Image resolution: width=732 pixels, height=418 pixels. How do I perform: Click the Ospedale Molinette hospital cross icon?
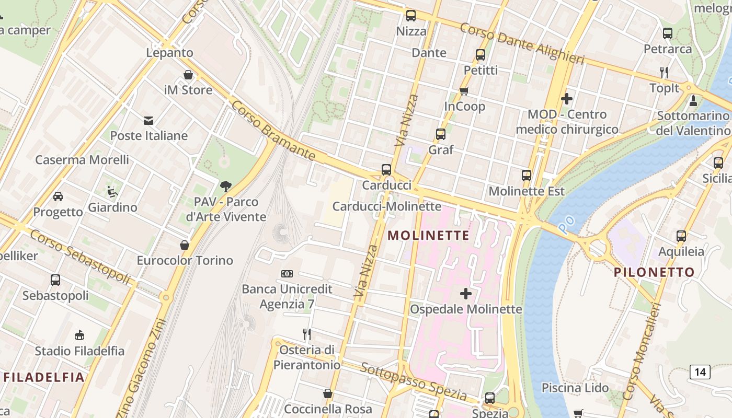pos(465,294)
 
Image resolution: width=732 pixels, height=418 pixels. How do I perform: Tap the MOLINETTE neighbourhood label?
pos(428,236)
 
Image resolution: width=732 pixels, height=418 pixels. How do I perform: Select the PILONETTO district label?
pos(654,272)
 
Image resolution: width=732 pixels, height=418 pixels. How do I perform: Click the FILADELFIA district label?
pos(44,377)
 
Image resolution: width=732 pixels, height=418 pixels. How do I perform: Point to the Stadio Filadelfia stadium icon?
pos(79,335)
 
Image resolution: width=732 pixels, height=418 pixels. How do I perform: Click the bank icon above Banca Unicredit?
pos(287,274)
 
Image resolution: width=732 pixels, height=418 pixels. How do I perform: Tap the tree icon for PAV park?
pos(226,186)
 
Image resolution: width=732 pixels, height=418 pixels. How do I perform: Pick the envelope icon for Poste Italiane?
pos(148,121)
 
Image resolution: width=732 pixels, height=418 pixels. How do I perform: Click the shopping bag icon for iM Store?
pos(188,75)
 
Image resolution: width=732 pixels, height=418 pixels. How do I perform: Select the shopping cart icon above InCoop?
pos(464,91)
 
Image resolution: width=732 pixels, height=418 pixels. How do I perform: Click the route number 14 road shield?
pos(700,372)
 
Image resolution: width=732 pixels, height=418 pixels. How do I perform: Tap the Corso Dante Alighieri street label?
pos(521,43)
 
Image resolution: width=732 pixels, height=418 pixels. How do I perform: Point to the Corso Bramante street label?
pos(273,130)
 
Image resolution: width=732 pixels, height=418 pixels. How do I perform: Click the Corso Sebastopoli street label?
pos(79,257)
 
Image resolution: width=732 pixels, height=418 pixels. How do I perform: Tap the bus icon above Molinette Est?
pos(527,176)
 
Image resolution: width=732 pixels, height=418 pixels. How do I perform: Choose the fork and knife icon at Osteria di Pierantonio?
pos(307,334)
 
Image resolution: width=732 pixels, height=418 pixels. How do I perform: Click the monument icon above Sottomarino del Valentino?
pos(693,100)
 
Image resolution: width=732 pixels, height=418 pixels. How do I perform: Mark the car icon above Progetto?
pos(58,196)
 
